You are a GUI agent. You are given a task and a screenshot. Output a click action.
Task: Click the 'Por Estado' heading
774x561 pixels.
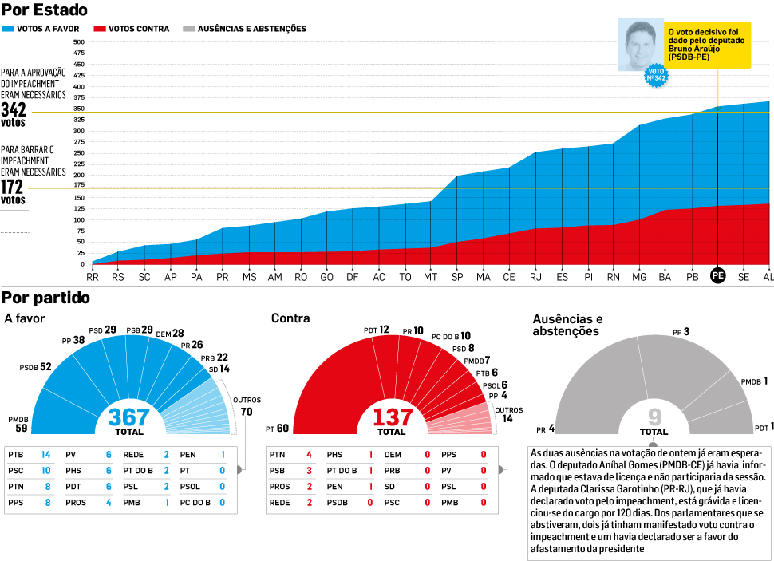click(45, 10)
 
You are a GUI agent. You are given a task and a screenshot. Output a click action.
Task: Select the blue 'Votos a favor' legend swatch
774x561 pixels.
click(8, 29)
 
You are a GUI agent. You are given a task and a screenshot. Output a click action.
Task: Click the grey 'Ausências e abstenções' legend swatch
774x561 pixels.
click(188, 29)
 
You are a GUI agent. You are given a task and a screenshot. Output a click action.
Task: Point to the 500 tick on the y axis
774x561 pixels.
click(79, 42)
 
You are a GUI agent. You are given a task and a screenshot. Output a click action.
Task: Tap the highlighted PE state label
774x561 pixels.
click(718, 276)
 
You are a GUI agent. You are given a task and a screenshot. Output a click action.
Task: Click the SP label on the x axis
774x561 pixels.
click(457, 276)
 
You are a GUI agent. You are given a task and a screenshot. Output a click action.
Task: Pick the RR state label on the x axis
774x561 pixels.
click(93, 276)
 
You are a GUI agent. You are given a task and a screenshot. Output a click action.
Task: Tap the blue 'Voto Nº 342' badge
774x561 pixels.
click(657, 75)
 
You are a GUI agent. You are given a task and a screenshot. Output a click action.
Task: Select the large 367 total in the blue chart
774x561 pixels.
click(129, 417)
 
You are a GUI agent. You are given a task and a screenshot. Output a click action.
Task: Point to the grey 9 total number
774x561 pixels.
click(654, 417)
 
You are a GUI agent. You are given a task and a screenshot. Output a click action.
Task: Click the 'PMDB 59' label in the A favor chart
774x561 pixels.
click(18, 424)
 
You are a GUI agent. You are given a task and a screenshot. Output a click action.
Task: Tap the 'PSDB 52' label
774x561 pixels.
click(35, 368)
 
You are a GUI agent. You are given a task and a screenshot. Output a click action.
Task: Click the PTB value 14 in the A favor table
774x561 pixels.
click(45, 453)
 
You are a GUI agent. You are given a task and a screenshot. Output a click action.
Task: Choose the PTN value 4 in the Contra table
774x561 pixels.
click(308, 455)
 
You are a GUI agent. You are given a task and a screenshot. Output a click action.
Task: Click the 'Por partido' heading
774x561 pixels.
click(45, 298)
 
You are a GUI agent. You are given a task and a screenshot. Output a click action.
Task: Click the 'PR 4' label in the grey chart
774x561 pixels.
click(546, 429)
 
